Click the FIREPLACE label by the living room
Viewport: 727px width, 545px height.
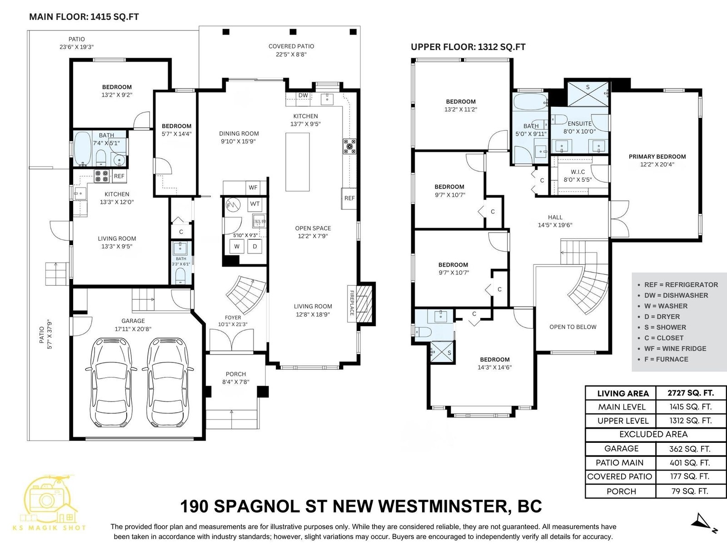(352, 303)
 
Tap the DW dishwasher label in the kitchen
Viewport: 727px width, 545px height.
(303, 95)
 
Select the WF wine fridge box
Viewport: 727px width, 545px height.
(253, 188)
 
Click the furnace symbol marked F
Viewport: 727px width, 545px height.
(233, 205)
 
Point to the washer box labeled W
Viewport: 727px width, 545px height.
(237, 246)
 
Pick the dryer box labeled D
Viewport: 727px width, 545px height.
(255, 246)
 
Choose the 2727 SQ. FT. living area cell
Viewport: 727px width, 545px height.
(691, 393)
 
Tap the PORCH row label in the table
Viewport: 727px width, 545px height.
(621, 491)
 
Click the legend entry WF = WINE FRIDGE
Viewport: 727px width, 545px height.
(675, 348)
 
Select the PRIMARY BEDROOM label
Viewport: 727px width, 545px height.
(657, 157)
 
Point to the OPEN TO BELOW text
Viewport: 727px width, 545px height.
(573, 327)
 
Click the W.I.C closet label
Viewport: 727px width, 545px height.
(578, 172)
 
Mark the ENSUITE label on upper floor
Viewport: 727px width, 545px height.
(580, 124)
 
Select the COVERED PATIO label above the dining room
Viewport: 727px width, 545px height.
(291, 46)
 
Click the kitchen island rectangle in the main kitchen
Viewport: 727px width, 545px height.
(298, 162)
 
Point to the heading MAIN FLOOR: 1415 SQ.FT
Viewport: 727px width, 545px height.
(84, 17)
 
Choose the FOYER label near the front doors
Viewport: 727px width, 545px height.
(233, 317)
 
